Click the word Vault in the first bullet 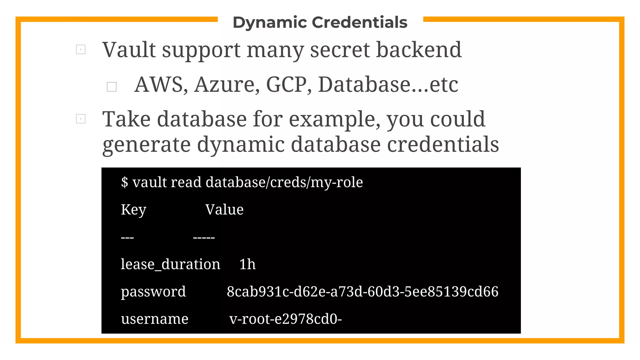click(x=129, y=50)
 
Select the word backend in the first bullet click(x=419, y=50)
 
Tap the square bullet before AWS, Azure click(x=112, y=87)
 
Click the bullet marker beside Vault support click(x=81, y=49)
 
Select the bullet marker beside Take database click(x=81, y=119)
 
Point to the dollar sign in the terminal click(x=124, y=182)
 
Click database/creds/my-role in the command click(x=284, y=182)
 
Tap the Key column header click(x=133, y=210)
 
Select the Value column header click(x=224, y=210)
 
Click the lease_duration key click(x=170, y=264)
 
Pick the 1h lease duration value click(x=247, y=264)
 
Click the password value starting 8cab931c click(x=362, y=292)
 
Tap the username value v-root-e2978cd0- click(x=285, y=319)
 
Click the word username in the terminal click(x=155, y=319)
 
